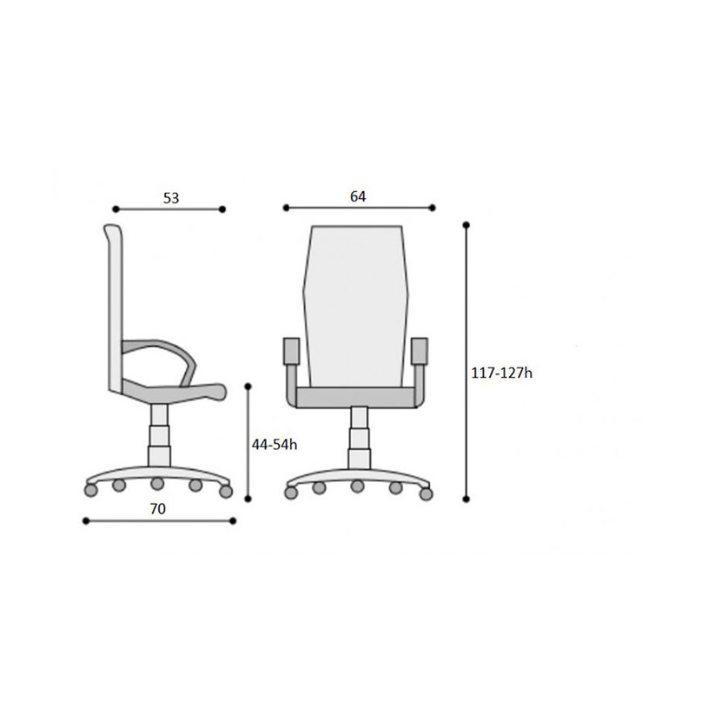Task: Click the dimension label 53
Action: (171, 198)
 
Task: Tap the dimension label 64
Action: (358, 196)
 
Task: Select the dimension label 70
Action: (157, 509)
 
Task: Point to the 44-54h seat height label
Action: (275, 445)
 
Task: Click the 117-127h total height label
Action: (501, 373)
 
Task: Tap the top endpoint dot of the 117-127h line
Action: (466, 225)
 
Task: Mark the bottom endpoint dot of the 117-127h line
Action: (466, 499)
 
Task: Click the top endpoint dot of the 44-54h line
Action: (248, 387)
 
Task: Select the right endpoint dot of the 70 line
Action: (233, 521)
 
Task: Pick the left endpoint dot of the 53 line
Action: (116, 209)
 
